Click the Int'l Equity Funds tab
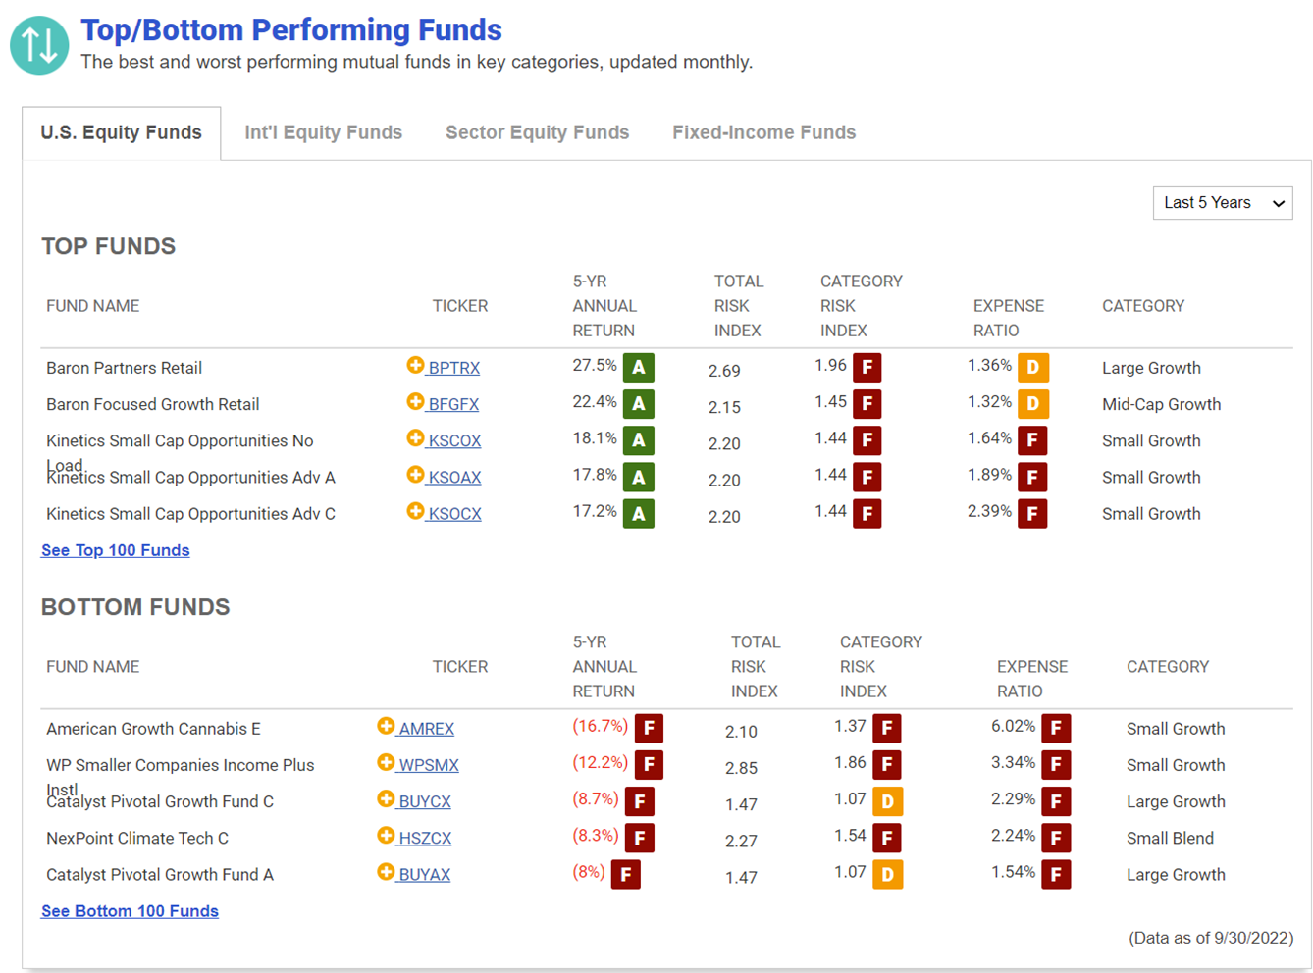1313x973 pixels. tap(323, 132)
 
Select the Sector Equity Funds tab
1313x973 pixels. tap(537, 132)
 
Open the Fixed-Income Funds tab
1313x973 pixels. tap(763, 132)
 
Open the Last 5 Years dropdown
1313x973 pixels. tap(1223, 203)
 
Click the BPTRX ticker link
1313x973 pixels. tap(454, 368)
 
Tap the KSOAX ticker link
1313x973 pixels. tap(454, 477)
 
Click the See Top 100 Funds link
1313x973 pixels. tap(116, 550)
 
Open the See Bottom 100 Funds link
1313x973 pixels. tap(130, 911)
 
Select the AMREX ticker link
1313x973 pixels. tap(426, 729)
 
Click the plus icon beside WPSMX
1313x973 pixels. tap(386, 762)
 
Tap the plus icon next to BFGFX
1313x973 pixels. tap(415, 401)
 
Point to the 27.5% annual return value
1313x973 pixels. tap(595, 365)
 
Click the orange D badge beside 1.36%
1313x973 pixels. tap(1033, 368)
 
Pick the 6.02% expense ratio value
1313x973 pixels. tap(1013, 726)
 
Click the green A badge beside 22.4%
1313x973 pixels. tap(638, 404)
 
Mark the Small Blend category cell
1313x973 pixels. tap(1170, 838)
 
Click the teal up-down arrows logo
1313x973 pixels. tap(39, 45)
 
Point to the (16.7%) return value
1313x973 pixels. tap(600, 726)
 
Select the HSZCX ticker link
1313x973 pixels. tap(425, 838)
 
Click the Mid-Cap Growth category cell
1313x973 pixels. tap(1162, 404)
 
